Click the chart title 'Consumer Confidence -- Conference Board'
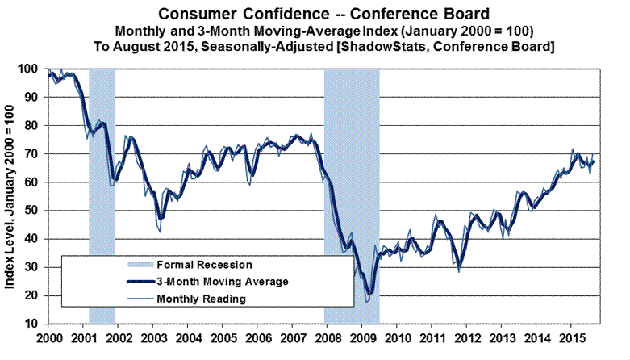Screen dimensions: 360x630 tap(315, 14)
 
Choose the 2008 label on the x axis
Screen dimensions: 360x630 tap(328, 337)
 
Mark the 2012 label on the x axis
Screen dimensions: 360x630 tap(467, 337)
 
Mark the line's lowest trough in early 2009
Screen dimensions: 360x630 tap(369, 294)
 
